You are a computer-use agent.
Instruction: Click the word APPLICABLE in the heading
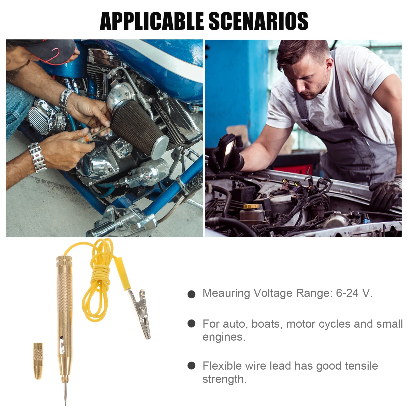152,21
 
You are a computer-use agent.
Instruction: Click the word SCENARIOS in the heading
258,21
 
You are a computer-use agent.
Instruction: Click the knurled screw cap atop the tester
64,261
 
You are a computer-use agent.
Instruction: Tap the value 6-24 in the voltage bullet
347,293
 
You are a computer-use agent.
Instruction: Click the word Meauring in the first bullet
226,293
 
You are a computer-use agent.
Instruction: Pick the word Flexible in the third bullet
222,366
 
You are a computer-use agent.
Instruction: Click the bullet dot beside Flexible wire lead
191,366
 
